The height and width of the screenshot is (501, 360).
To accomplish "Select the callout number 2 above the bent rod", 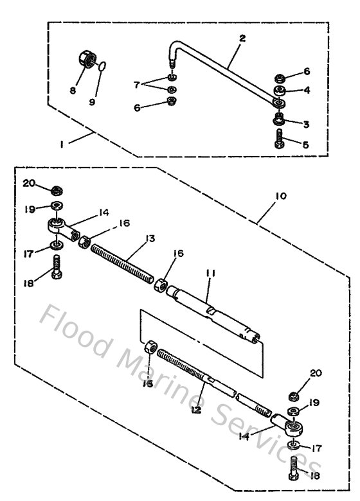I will click(x=242, y=39).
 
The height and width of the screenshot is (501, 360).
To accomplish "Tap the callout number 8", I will click(x=72, y=91).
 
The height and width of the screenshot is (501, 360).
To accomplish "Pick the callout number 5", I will click(x=305, y=145).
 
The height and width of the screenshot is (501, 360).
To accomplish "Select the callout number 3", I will click(x=306, y=123).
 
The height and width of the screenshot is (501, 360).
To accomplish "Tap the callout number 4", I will click(x=306, y=91).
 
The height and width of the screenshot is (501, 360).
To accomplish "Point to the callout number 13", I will click(x=150, y=238).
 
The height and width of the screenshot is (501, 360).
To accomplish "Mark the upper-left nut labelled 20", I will click(x=57, y=191).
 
